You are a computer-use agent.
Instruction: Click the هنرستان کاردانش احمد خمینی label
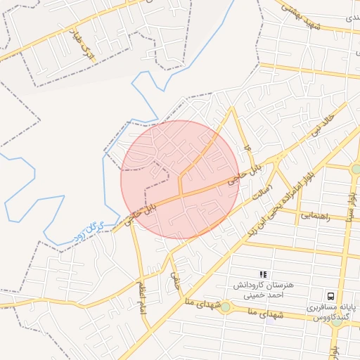[263, 291]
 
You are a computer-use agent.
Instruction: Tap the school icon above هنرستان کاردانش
[263, 274]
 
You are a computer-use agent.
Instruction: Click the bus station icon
[330, 296]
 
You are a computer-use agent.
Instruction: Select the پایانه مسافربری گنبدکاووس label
[330, 312]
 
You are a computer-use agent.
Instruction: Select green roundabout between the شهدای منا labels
[224, 307]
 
